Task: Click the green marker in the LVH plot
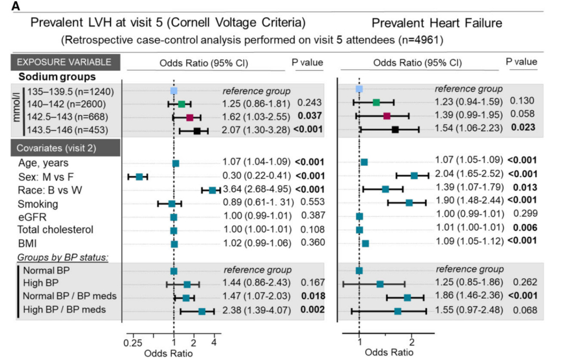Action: (x=182, y=104)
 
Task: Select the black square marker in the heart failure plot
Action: (x=395, y=129)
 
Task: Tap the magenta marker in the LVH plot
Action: (x=190, y=117)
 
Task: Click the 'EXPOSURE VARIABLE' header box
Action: (x=64, y=62)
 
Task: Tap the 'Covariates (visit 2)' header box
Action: (x=64, y=147)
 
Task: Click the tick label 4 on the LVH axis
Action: (x=214, y=342)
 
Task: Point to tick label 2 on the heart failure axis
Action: (x=412, y=343)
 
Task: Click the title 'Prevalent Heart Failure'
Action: (x=437, y=23)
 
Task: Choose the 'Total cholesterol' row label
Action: (x=55, y=230)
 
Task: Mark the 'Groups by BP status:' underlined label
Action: (x=62, y=257)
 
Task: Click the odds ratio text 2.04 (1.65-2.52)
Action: (x=469, y=173)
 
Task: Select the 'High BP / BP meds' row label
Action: (x=64, y=310)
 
